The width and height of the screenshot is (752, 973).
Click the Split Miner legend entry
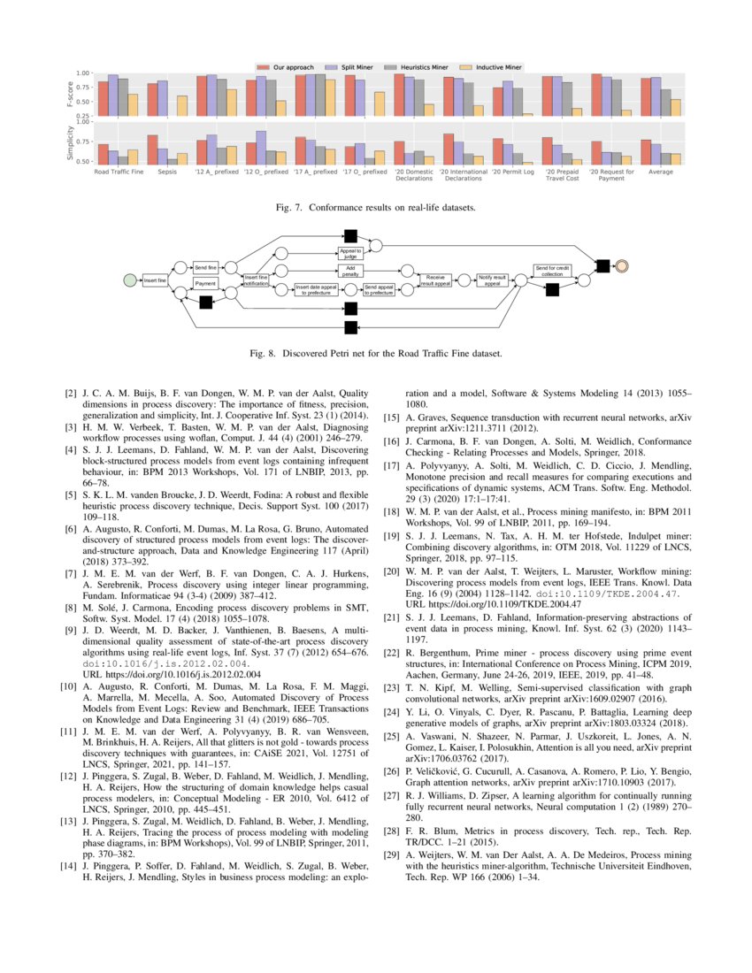coord(349,67)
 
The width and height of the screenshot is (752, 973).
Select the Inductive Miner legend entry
coord(498,67)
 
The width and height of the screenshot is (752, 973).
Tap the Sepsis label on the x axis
coord(167,172)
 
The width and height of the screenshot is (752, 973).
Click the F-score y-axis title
coord(72,94)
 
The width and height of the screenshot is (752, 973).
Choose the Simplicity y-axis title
coord(72,142)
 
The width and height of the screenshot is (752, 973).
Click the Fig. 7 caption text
coord(376,208)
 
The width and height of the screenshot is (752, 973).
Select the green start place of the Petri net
coord(130,280)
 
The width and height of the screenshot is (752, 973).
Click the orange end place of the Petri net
coord(623,265)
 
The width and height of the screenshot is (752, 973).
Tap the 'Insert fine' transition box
coord(156,280)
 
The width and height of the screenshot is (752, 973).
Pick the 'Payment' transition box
coord(205,283)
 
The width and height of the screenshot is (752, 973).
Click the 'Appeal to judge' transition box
coord(349,253)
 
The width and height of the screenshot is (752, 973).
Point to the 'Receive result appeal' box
coord(435,280)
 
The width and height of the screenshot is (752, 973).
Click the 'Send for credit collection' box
coord(550,271)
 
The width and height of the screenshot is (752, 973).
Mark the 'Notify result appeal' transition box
coord(493,280)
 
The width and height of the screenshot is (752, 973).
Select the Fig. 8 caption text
coord(376,353)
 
